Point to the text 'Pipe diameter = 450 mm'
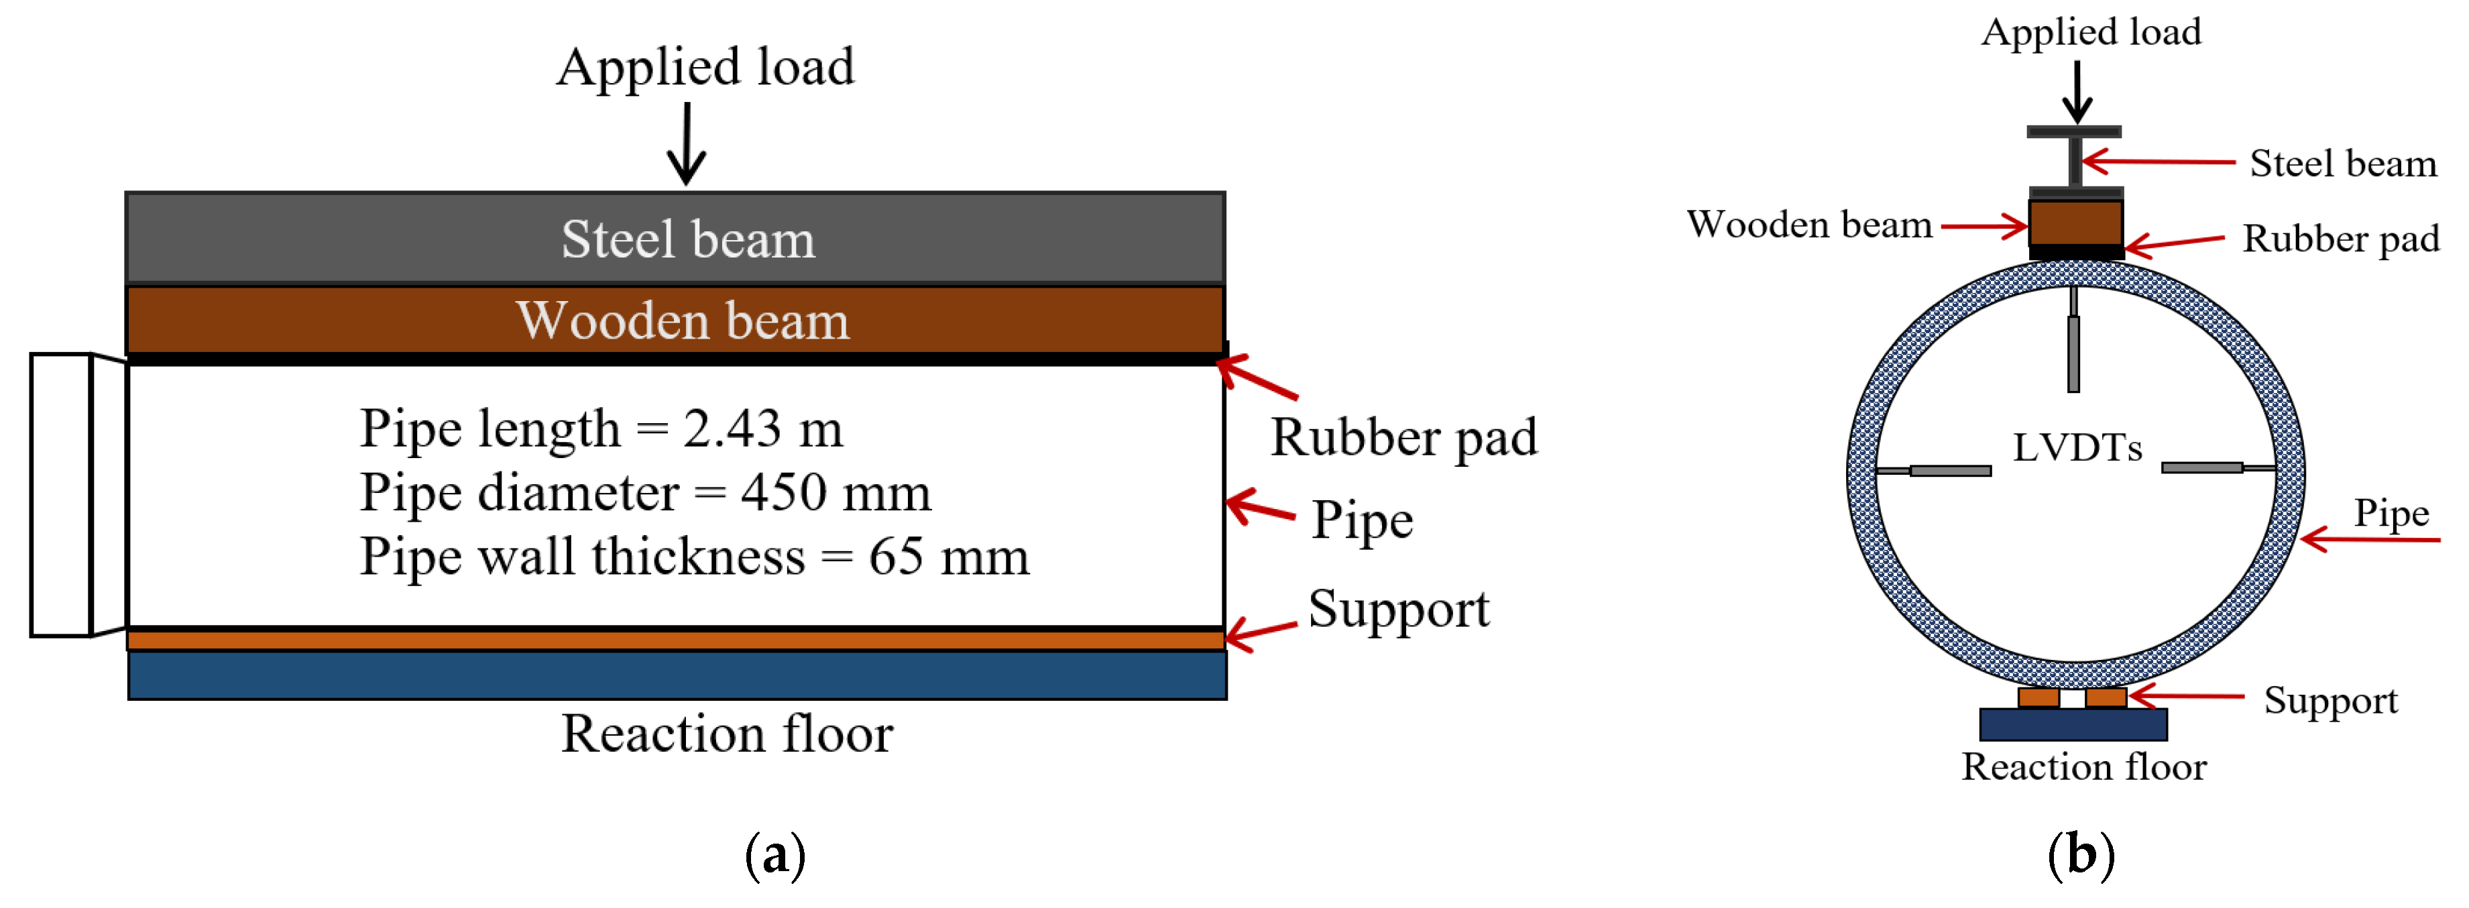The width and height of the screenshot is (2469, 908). tap(645, 493)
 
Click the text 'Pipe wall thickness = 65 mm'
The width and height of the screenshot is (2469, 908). tap(694, 557)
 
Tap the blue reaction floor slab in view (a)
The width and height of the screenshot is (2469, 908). tap(677, 675)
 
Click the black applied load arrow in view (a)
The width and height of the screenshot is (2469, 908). tap(686, 144)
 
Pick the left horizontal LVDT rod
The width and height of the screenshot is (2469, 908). tap(1933, 471)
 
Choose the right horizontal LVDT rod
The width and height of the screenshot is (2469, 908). tap(2218, 468)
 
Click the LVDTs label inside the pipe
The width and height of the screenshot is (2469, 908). tap(2077, 448)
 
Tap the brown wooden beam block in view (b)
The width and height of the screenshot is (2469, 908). tap(2076, 223)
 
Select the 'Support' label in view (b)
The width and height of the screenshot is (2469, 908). tap(2331, 701)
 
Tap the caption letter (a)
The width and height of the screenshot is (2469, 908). tap(775, 854)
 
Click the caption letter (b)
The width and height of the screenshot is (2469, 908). tap(2081, 854)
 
